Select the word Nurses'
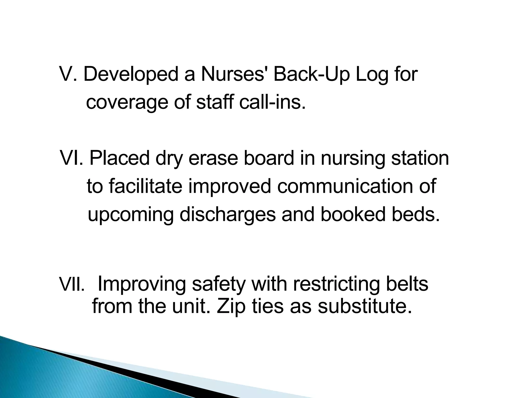[x=234, y=74]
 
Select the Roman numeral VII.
[x=72, y=285]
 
